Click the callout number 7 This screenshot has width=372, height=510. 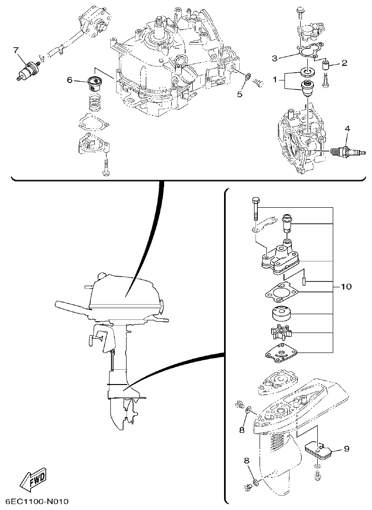point(16,49)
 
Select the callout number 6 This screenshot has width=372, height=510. point(69,80)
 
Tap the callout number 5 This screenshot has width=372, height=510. point(240,94)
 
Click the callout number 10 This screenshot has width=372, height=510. point(346,287)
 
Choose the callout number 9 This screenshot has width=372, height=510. point(346,448)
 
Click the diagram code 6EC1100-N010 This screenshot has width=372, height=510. point(38,502)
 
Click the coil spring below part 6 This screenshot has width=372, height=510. point(97,101)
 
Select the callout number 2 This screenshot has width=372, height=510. point(344,62)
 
